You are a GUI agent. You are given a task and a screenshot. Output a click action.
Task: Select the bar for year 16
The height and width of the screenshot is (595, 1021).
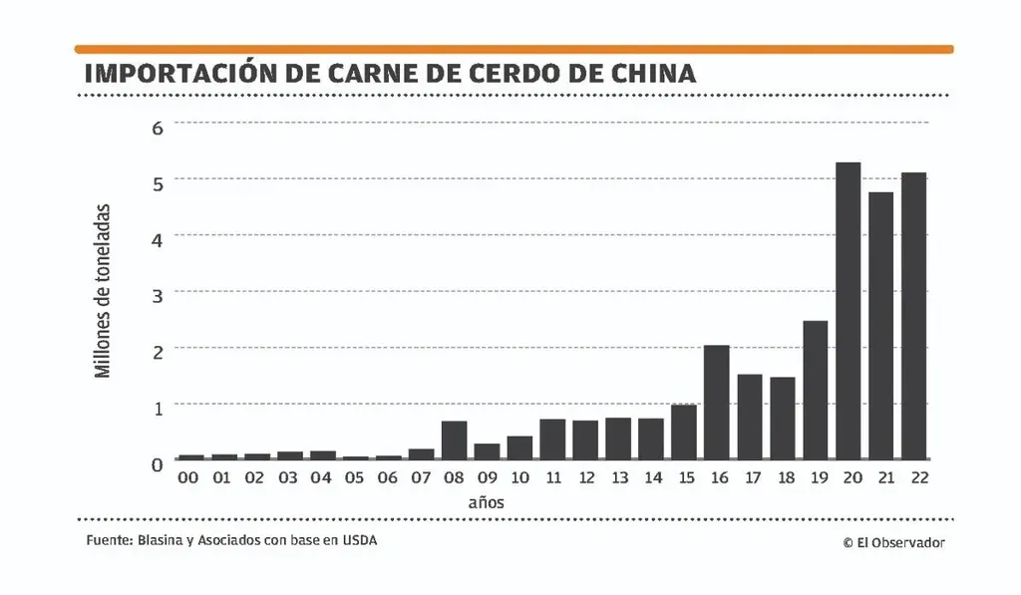click(x=716, y=402)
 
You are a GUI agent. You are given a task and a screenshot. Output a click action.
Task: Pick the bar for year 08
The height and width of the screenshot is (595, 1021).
click(x=454, y=440)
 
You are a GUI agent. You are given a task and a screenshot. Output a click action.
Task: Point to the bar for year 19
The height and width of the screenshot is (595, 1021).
click(x=815, y=390)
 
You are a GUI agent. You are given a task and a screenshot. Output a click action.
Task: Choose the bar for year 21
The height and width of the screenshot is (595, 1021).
click(x=880, y=325)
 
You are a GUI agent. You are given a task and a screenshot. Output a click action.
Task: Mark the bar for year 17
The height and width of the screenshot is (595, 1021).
click(x=749, y=417)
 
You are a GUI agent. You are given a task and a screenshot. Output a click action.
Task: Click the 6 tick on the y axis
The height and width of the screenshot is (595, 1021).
click(x=157, y=126)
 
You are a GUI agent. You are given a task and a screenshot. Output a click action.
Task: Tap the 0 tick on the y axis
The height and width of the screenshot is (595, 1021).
click(x=157, y=464)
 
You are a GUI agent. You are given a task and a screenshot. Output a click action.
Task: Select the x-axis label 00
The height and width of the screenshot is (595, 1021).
click(x=189, y=478)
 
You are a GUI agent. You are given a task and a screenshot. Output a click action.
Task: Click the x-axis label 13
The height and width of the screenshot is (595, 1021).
click(x=618, y=478)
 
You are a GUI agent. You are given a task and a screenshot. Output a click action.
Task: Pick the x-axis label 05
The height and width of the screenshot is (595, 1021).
click(x=354, y=478)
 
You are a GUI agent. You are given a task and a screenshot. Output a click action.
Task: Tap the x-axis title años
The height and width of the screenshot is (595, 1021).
click(x=486, y=502)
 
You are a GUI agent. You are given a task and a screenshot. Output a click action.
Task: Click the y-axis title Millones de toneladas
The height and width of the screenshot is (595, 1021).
click(x=103, y=291)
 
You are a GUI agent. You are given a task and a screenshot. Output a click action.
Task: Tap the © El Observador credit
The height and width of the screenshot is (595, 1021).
click(x=893, y=542)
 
